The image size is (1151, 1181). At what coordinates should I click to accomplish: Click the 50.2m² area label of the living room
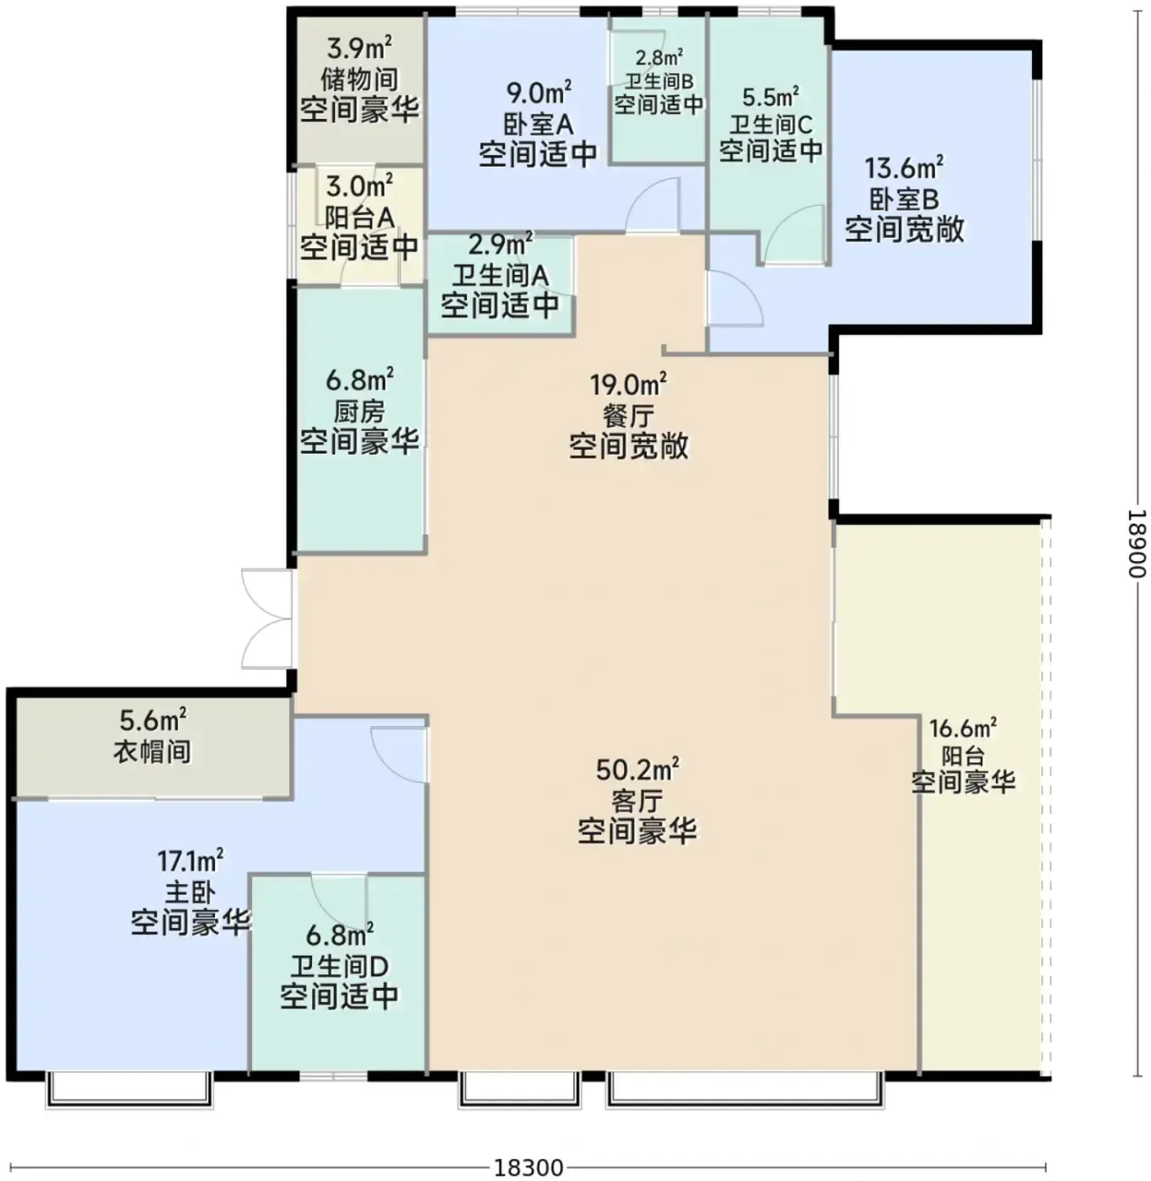[x=637, y=769]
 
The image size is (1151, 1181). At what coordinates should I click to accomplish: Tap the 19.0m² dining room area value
[x=628, y=384]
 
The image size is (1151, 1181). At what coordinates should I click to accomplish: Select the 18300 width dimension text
[x=528, y=1167]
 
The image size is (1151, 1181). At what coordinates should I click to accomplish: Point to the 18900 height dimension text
[x=1137, y=542]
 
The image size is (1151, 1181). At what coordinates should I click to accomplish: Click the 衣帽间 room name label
[x=153, y=752]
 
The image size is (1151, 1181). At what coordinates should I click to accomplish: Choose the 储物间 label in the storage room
[x=359, y=79]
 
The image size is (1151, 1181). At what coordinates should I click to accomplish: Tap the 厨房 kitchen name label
[x=359, y=412]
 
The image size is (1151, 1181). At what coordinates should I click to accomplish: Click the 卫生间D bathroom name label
[x=339, y=966]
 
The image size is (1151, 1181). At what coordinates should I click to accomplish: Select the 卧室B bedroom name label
[x=904, y=198]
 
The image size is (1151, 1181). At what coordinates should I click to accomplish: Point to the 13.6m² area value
[x=903, y=168]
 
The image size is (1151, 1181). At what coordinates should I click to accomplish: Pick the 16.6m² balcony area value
[x=963, y=727]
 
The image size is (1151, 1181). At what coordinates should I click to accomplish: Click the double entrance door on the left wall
[x=267, y=619]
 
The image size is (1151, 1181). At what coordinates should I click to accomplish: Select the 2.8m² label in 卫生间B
[x=659, y=57]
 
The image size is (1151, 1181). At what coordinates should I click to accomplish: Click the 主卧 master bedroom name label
[x=190, y=892]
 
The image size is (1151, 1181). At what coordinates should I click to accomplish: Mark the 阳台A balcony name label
[x=359, y=217]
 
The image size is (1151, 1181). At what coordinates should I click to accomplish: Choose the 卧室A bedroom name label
[x=538, y=124]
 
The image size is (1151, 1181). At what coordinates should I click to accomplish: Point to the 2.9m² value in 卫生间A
[x=501, y=244]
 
